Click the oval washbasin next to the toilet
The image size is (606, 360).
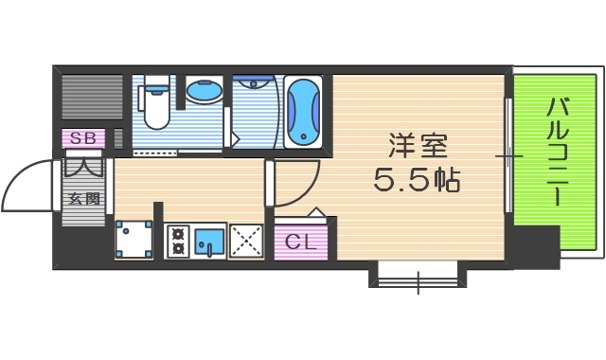[202, 93]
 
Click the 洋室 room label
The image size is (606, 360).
[417, 147]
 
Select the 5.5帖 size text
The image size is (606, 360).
[417, 180]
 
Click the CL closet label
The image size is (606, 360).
[300, 241]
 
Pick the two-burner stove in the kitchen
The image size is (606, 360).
[178, 241]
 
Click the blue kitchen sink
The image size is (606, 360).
[209, 242]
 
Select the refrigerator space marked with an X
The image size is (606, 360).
[246, 242]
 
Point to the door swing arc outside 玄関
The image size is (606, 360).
[28, 185]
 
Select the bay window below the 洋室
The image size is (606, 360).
[417, 276]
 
